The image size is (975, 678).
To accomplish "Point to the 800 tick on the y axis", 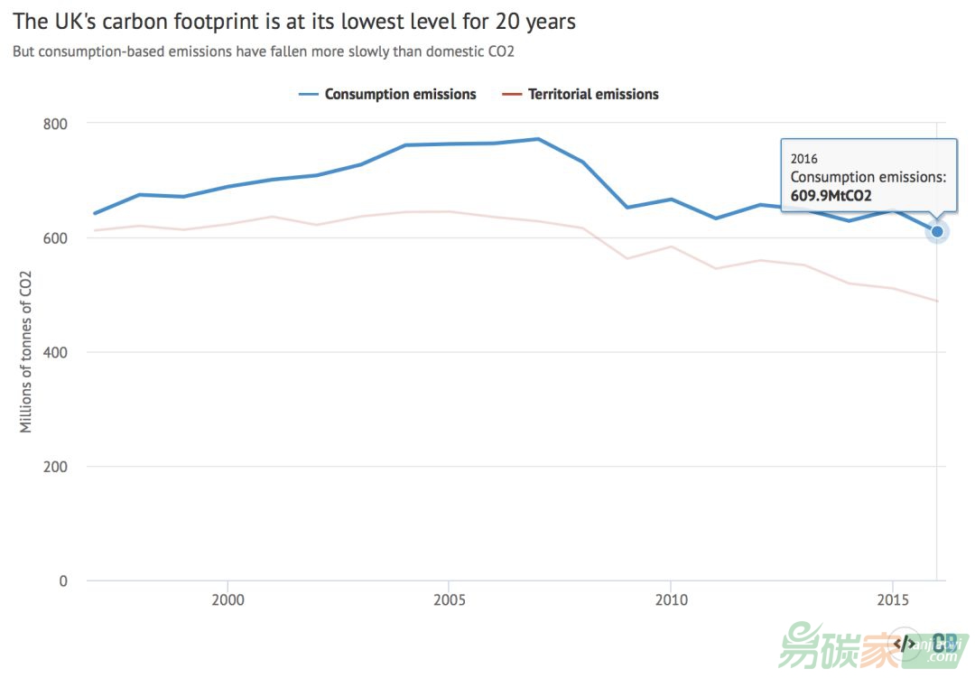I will pos(56,124).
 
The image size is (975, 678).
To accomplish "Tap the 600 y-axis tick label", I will pos(56,238).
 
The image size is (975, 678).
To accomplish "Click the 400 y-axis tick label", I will pos(56,352).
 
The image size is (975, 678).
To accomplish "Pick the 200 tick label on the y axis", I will pos(56,467).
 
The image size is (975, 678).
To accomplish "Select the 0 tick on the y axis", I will pos(63,580).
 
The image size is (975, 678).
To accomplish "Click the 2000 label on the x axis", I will pos(227,599).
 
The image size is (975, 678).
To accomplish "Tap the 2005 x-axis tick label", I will pos(449,599).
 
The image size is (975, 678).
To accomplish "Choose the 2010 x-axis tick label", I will pos(671,599).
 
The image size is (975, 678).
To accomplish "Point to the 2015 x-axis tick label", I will pos(893,599).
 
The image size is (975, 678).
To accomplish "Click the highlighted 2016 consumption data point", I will pos(937,232).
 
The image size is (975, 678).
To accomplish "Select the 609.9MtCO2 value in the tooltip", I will pos(831,195).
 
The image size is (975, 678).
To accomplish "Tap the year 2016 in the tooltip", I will pos(804,159).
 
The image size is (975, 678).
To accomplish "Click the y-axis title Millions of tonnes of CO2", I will pos(26,352).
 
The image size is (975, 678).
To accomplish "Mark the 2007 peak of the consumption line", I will pos(538,139).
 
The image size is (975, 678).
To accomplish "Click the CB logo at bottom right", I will pos(945,643).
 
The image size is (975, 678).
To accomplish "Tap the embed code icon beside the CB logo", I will pos(904,643).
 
